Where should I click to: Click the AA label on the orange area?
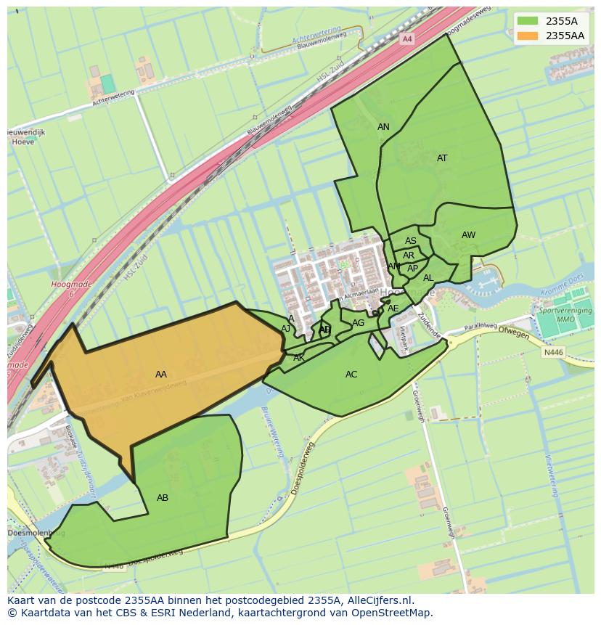(161, 375)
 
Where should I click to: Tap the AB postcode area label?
(163, 498)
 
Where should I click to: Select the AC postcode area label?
(351, 375)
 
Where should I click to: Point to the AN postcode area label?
(383, 127)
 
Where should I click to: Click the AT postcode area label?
(442, 158)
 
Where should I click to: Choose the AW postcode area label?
(468, 235)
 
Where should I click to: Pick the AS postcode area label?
(411, 241)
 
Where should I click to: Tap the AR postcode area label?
(409, 256)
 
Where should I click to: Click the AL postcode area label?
(428, 278)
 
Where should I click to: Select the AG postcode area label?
(359, 323)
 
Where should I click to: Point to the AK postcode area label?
(299, 358)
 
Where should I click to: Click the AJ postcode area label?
(286, 329)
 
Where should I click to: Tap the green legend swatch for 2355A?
(528, 21)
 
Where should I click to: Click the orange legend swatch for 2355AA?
(528, 36)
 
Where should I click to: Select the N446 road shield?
(553, 353)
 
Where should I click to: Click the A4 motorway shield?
(407, 38)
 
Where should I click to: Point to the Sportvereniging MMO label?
(565, 315)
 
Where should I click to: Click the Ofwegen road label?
(514, 333)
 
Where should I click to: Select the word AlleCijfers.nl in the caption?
(379, 600)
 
